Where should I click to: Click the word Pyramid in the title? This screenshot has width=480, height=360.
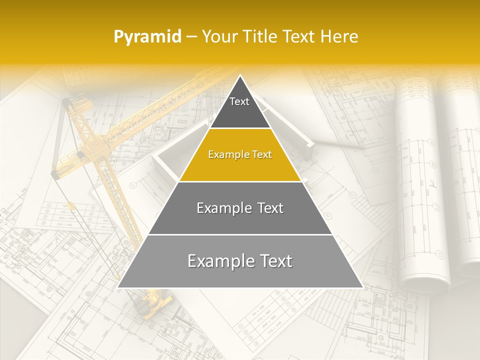147,37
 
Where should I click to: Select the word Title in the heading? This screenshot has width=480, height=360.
260,37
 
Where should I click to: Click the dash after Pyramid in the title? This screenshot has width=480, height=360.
191,37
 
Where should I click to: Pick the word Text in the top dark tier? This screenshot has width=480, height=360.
239,101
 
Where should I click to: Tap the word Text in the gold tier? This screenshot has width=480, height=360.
260,155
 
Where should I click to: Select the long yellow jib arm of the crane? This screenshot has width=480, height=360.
150,115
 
